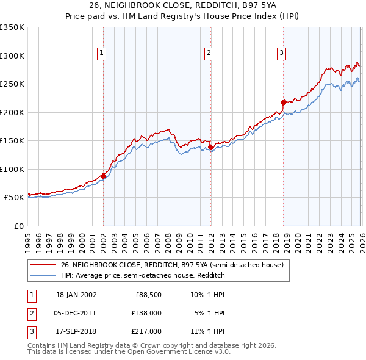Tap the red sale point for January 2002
tap(103, 176)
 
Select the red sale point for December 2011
tap(210, 147)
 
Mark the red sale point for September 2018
tap(283, 103)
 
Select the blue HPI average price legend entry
tap(143, 275)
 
